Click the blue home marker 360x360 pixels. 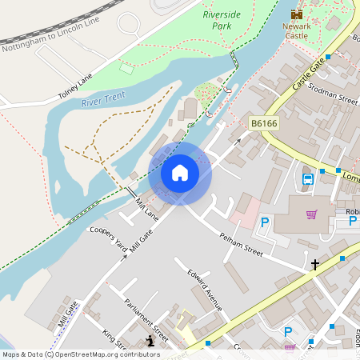click(x=180, y=172)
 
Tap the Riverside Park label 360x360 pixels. click(x=222, y=20)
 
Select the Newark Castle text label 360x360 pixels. click(x=296, y=31)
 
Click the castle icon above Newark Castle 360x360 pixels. click(x=297, y=14)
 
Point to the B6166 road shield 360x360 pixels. click(x=263, y=123)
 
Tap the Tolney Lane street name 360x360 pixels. click(x=75, y=86)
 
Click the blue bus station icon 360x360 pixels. click(x=307, y=180)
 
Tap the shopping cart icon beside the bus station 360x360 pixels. click(x=312, y=214)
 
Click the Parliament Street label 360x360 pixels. click(x=146, y=318)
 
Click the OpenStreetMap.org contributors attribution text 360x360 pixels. click(x=107, y=354)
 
